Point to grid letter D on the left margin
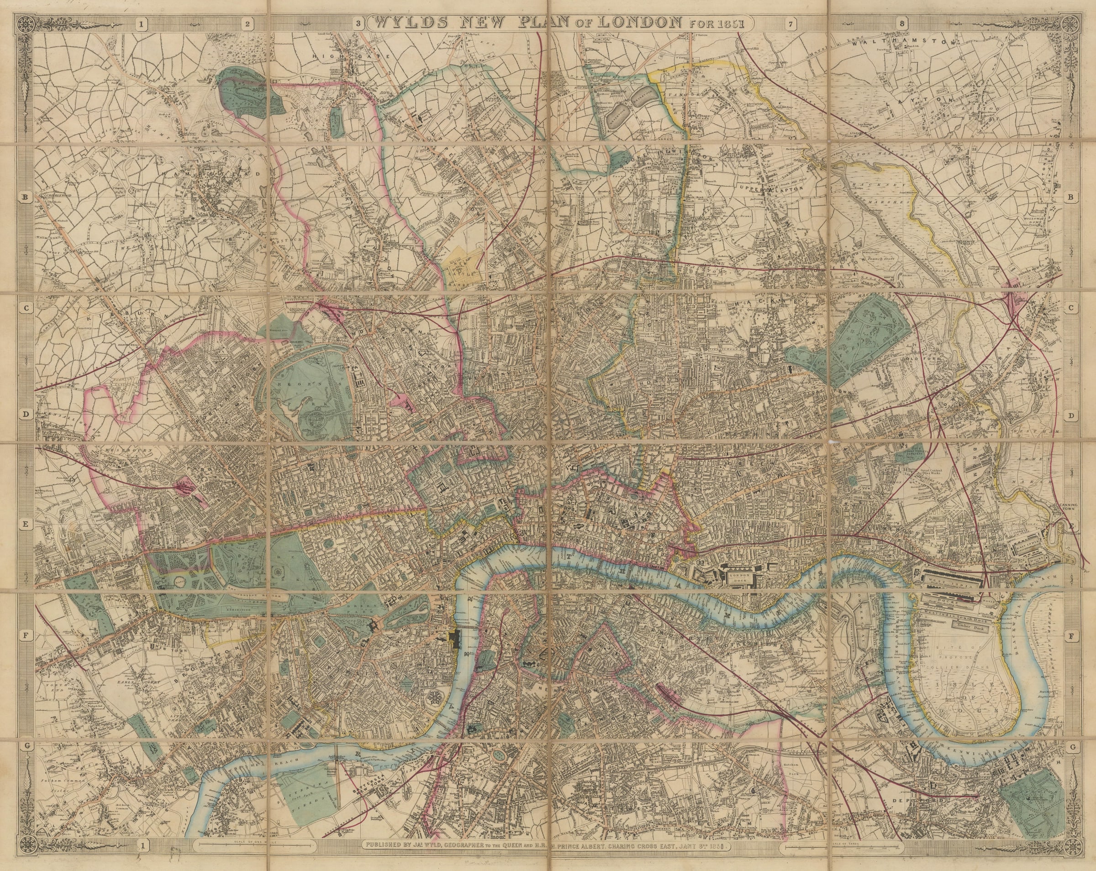pos(25,415)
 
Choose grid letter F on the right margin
pos(1071,636)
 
